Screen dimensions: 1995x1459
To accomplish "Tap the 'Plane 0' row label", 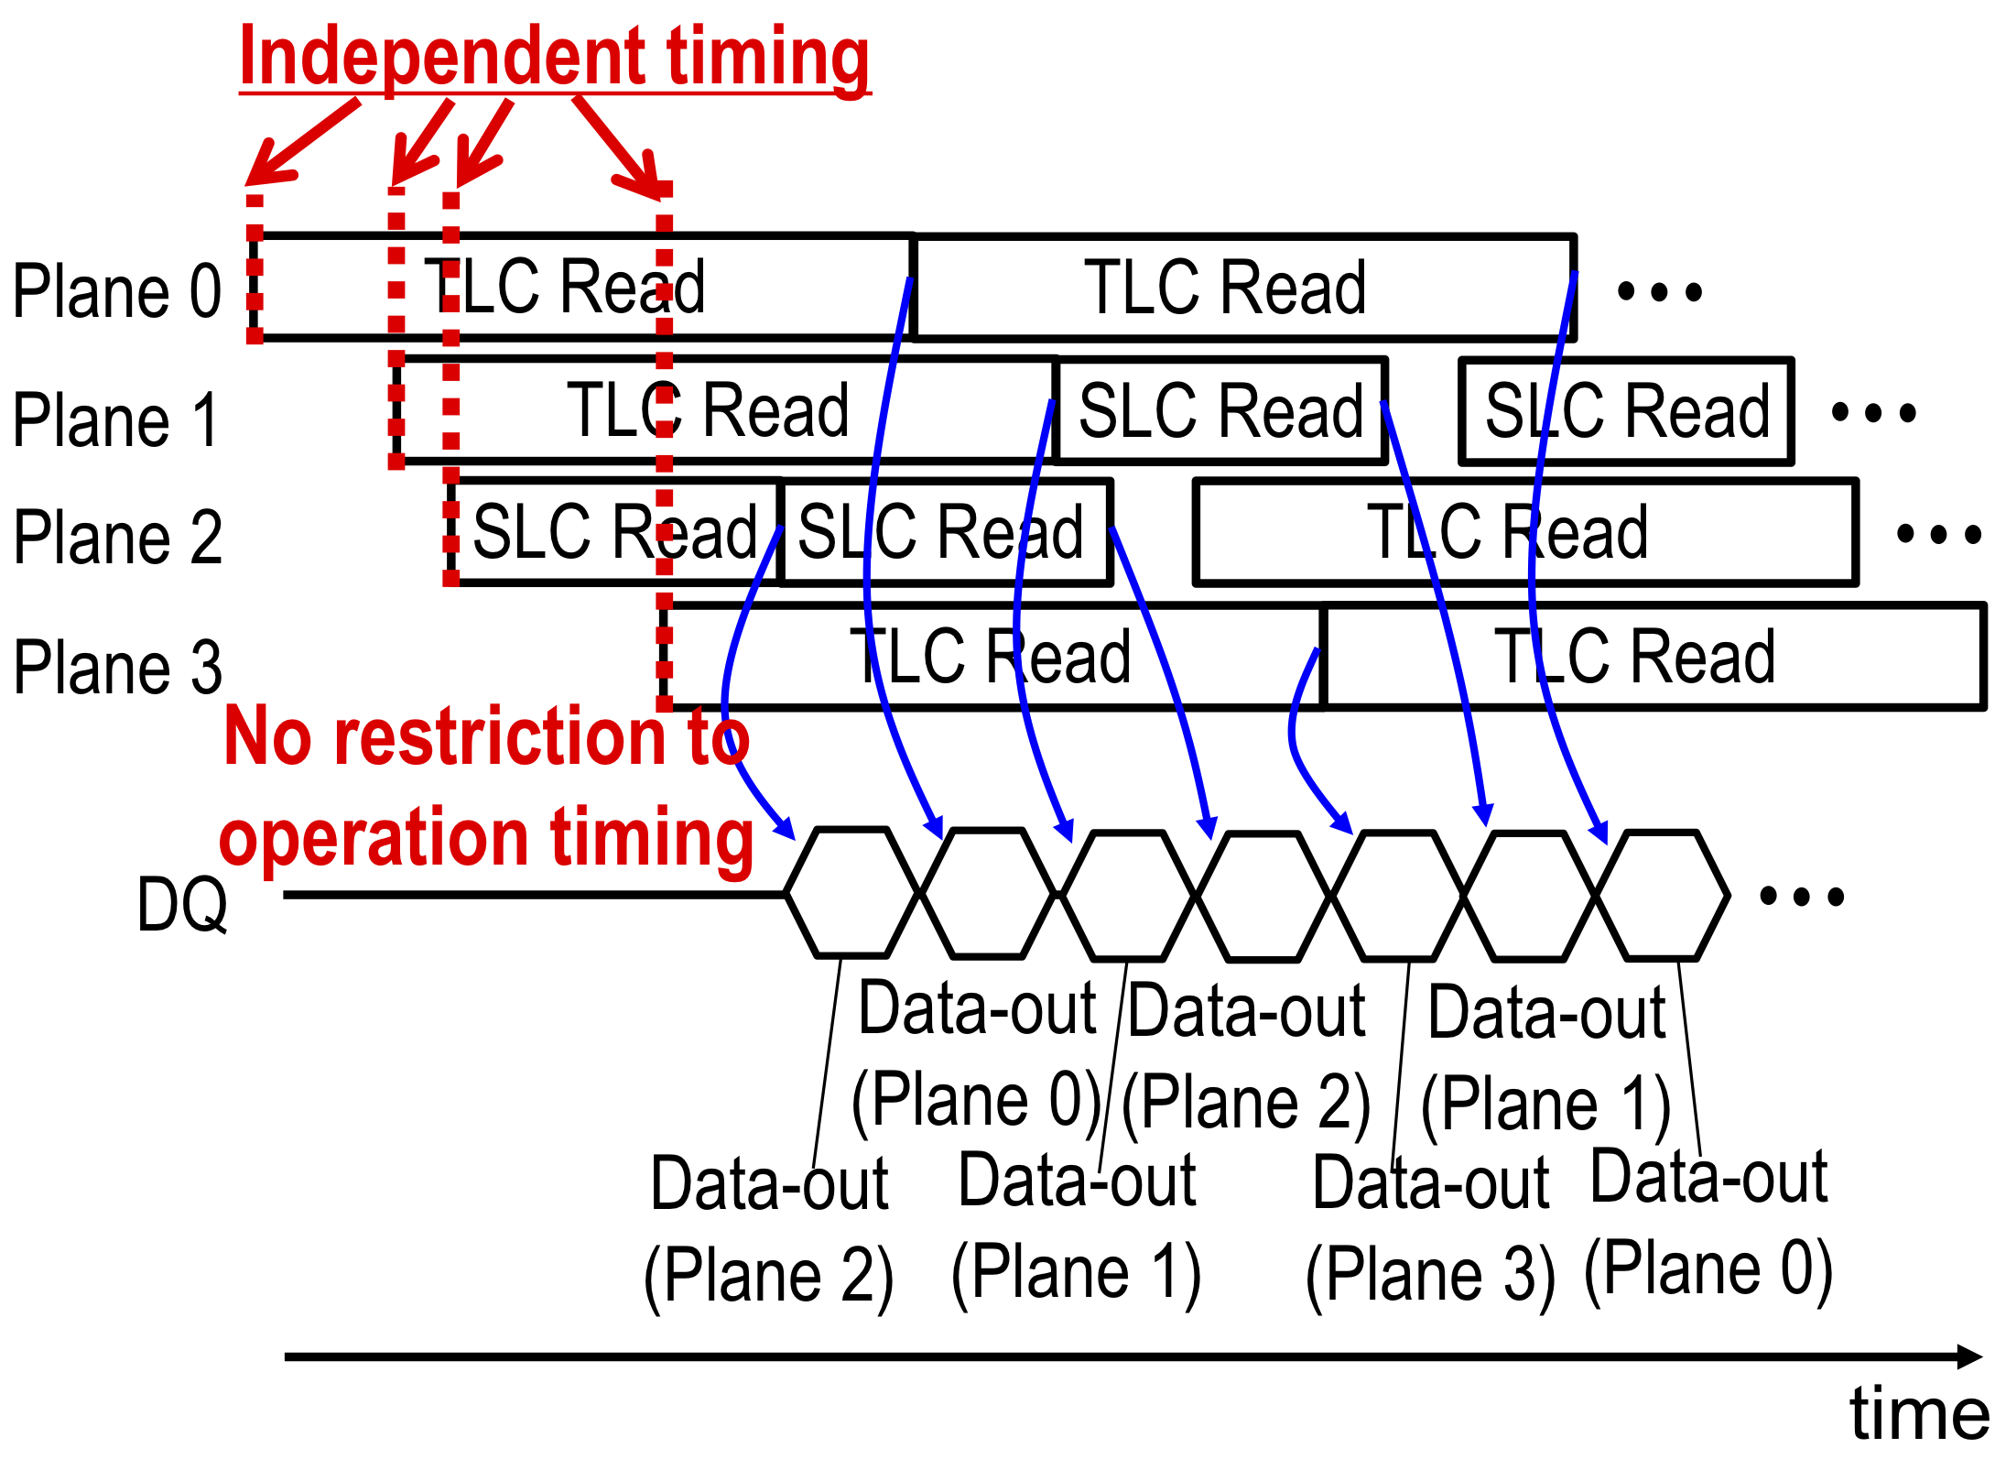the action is point(117,291).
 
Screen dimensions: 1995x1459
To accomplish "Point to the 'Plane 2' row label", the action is point(117,538).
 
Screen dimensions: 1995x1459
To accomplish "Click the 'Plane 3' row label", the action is point(117,667).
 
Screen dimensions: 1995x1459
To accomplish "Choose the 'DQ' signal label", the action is point(182,904).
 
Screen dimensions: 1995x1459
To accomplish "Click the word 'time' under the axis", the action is point(1919,1413).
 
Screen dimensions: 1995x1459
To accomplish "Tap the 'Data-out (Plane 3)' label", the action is point(1431,1231).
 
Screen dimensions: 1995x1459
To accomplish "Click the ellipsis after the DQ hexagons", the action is point(1802,896).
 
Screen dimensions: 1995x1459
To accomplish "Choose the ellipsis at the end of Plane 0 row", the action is point(1659,292).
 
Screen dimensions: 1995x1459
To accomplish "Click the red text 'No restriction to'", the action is point(486,736).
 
